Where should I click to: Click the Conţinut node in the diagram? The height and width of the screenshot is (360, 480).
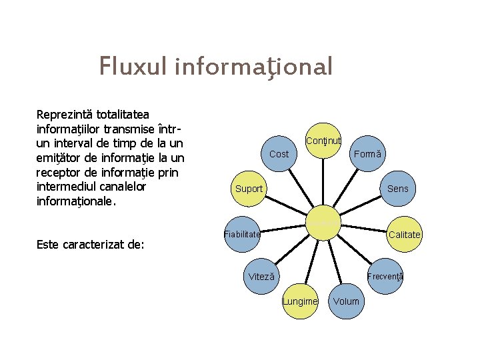tap(323, 141)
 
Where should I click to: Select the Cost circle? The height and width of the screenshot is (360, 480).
tap(279, 154)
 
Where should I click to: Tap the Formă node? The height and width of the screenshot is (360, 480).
tap(368, 154)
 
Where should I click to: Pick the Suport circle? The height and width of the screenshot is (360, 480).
tap(249, 189)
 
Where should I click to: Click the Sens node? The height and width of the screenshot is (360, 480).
tap(398, 189)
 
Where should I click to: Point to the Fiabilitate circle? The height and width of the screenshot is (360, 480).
tap(242, 234)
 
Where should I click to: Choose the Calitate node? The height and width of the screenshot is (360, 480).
tap(405, 234)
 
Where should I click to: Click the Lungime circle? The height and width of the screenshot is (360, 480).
tap(300, 301)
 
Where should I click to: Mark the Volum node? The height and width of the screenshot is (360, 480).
tap(346, 301)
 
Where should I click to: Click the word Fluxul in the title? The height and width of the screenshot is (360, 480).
tap(134, 67)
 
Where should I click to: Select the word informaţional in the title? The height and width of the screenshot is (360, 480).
tap(254, 67)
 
